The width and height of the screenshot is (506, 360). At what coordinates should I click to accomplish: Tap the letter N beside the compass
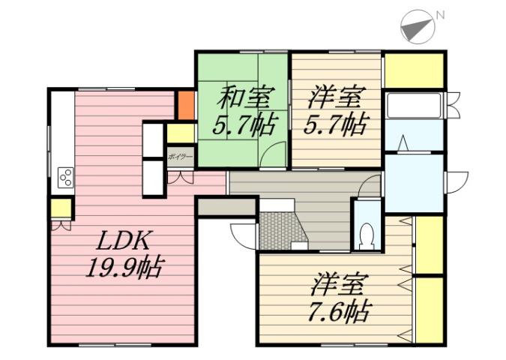[440, 14]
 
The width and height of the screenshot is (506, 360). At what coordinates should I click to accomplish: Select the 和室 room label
[242, 99]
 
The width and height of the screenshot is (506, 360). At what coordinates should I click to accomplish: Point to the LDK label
[125, 241]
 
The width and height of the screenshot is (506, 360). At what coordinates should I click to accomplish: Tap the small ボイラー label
[180, 157]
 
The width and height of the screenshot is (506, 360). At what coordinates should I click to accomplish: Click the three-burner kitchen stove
[65, 178]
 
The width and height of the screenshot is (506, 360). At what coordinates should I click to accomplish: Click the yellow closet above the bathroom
[414, 70]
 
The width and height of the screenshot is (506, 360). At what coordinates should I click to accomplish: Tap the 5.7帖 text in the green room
[241, 124]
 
